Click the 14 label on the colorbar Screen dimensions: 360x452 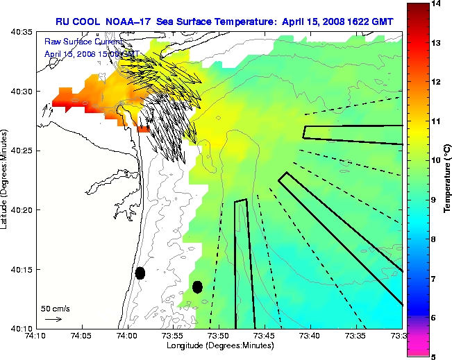coord(435,4)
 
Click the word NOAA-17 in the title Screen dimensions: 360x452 coord(129,22)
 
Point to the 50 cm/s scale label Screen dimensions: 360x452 coord(55,308)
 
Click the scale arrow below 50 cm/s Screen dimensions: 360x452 coord(53,319)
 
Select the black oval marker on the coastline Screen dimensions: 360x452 coord(140,273)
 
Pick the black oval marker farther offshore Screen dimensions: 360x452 coord(197,286)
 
